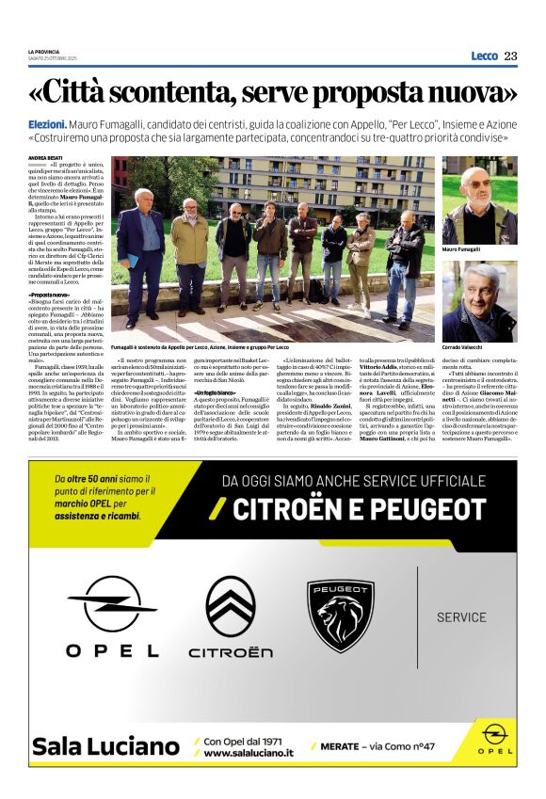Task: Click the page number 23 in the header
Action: (510, 56)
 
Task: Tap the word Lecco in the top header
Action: (484, 56)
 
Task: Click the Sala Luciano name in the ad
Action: (104, 746)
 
